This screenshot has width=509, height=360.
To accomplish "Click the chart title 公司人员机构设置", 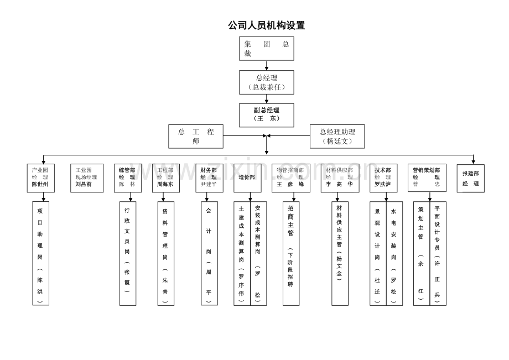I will pos(266,25).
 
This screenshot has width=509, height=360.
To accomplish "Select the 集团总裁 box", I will pos(266,49).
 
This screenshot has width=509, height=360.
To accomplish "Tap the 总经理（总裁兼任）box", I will pos(266,82).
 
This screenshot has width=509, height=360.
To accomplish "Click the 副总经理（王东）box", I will pos(266,114).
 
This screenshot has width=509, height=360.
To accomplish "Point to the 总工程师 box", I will pos(196,136).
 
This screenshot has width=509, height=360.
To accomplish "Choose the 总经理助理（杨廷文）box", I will pos(337,136).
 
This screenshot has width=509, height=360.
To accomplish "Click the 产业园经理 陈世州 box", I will pos(40,178).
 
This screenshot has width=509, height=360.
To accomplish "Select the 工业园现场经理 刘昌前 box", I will pos(86,178).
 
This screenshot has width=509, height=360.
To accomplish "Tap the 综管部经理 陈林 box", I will pos(128,178).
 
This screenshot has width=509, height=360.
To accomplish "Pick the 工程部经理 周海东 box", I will pos(166,178).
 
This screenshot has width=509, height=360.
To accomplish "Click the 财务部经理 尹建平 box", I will pos(209,178).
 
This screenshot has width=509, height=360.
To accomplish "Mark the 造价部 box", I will pos(247,178).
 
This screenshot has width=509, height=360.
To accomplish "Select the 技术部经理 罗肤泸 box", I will pos(383,178).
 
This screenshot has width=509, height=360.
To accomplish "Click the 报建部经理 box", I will pos(470,178).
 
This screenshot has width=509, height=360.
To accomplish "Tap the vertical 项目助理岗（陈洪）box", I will pos(40,253).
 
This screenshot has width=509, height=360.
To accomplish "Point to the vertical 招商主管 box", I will pos(291,253).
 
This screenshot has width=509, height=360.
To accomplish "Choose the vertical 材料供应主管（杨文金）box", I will pos(340,253).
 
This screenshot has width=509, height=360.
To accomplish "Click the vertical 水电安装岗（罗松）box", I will pos(394,253).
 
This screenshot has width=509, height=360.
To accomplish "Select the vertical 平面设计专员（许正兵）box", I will pos(438,253).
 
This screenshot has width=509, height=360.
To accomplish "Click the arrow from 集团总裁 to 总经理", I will pos(266,65).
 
